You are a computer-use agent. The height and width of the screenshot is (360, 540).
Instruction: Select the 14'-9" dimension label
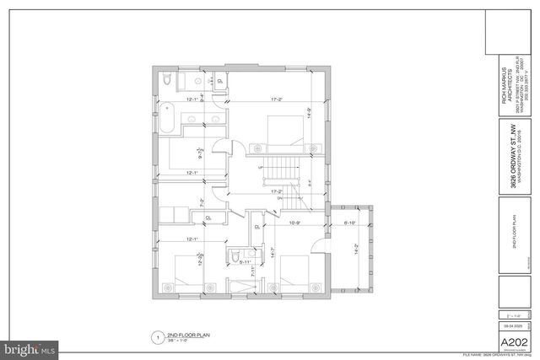point(310,110)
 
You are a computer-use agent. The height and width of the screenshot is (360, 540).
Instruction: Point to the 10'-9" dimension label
point(294,223)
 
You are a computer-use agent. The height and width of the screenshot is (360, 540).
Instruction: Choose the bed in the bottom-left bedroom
point(190,276)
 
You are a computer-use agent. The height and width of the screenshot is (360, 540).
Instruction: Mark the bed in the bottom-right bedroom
point(295,273)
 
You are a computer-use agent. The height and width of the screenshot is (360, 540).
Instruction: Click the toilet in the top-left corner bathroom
point(169,80)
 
